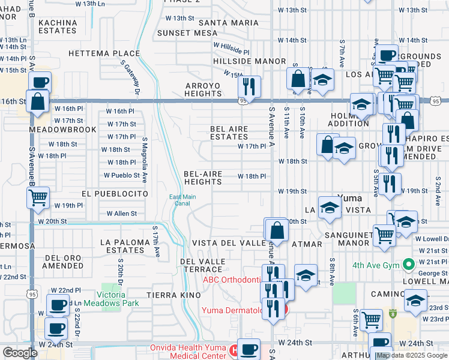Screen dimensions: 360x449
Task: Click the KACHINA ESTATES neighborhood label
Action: pyautogui.click(x=58, y=27)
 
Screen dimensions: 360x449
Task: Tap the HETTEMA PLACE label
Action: pyautogui.click(x=95, y=53)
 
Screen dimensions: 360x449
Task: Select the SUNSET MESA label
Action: pyautogui.click(x=182, y=33)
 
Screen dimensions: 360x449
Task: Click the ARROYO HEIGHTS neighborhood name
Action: pyautogui.click(x=203, y=89)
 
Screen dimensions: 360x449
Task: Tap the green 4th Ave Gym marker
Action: pyautogui.click(x=409, y=263)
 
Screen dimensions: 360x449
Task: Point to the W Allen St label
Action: pyautogui.click(x=121, y=214)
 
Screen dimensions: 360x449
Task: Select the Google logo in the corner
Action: pyautogui.click(x=20, y=353)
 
